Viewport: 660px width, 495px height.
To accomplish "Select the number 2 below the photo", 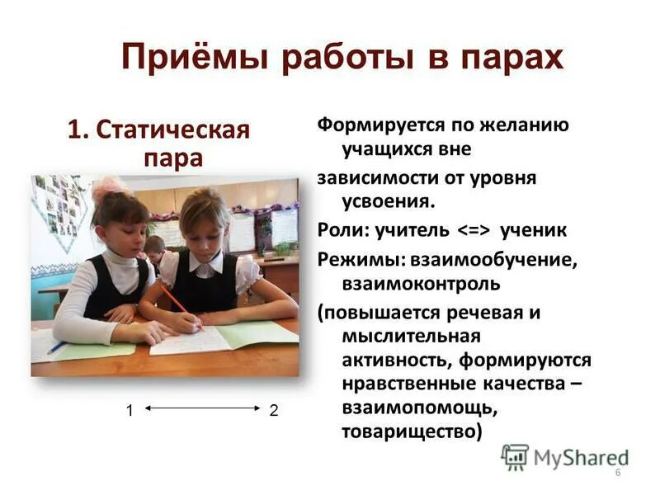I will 274,411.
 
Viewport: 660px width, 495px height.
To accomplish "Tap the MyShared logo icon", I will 515,456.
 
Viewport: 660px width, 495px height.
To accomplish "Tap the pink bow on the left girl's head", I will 110,189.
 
